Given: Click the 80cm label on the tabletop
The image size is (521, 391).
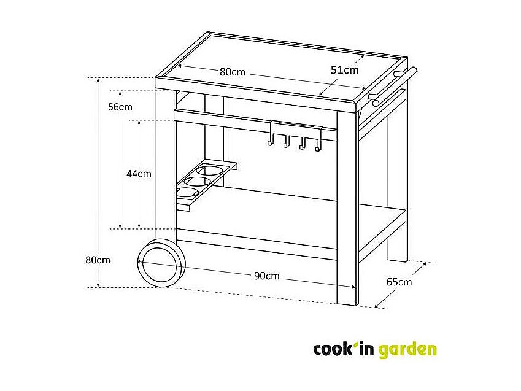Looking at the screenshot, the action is pos(232,72).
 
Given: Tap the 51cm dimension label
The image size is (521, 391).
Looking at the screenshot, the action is pos(344,70).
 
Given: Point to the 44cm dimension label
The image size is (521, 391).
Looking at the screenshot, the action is pos(139,174).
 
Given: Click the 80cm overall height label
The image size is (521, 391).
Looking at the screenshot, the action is pos(98,260).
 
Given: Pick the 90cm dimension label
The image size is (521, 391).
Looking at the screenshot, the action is pos(266,276).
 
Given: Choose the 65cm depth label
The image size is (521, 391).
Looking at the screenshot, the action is pos(399,282).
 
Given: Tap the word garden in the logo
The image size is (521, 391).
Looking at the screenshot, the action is pos(407,350).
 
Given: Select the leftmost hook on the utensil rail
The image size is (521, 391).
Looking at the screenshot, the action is pos(269,142).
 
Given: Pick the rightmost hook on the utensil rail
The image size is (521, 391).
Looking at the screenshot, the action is pos(317,146).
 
